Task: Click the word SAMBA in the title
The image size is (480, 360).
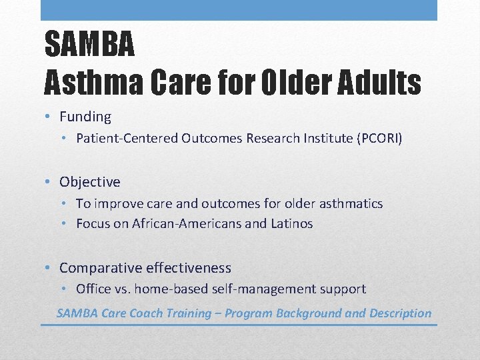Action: coord(89,45)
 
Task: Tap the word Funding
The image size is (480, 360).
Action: coord(85,117)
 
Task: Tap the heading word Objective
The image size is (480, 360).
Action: coord(90,182)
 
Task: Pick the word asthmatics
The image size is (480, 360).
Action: coord(350,203)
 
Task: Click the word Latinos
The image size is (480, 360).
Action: coord(291,224)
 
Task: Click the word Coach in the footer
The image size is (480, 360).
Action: coord(147,313)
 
